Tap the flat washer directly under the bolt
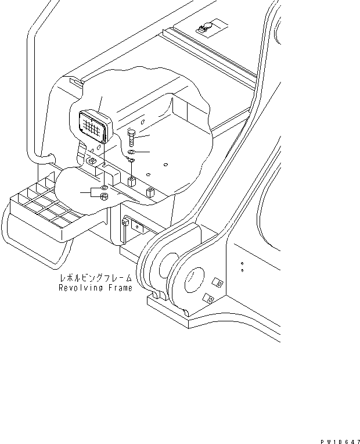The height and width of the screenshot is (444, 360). point(131,153)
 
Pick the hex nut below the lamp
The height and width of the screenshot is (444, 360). point(103,197)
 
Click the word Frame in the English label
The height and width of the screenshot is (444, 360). point(118,288)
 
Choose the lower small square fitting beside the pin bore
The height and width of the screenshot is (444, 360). point(208,299)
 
